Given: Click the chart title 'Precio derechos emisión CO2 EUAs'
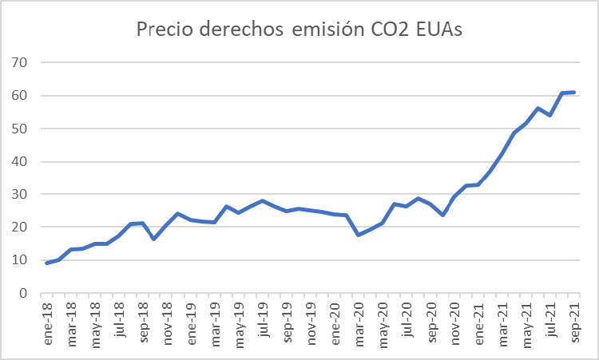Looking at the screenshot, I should [x=299, y=30].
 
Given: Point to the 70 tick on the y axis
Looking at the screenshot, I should [x=21, y=62].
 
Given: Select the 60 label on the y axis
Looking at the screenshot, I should [x=21, y=95].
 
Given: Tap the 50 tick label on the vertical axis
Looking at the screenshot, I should [x=21, y=129].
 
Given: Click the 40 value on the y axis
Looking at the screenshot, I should [x=21, y=161].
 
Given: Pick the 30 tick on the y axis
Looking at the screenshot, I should [x=21, y=194].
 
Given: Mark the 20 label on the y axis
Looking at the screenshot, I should [x=21, y=227].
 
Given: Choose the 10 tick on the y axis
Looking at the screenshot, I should [x=21, y=260].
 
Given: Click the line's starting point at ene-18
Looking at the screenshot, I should [x=47, y=263].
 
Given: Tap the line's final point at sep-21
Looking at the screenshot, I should [x=574, y=92].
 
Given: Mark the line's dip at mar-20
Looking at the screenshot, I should [x=359, y=235].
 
